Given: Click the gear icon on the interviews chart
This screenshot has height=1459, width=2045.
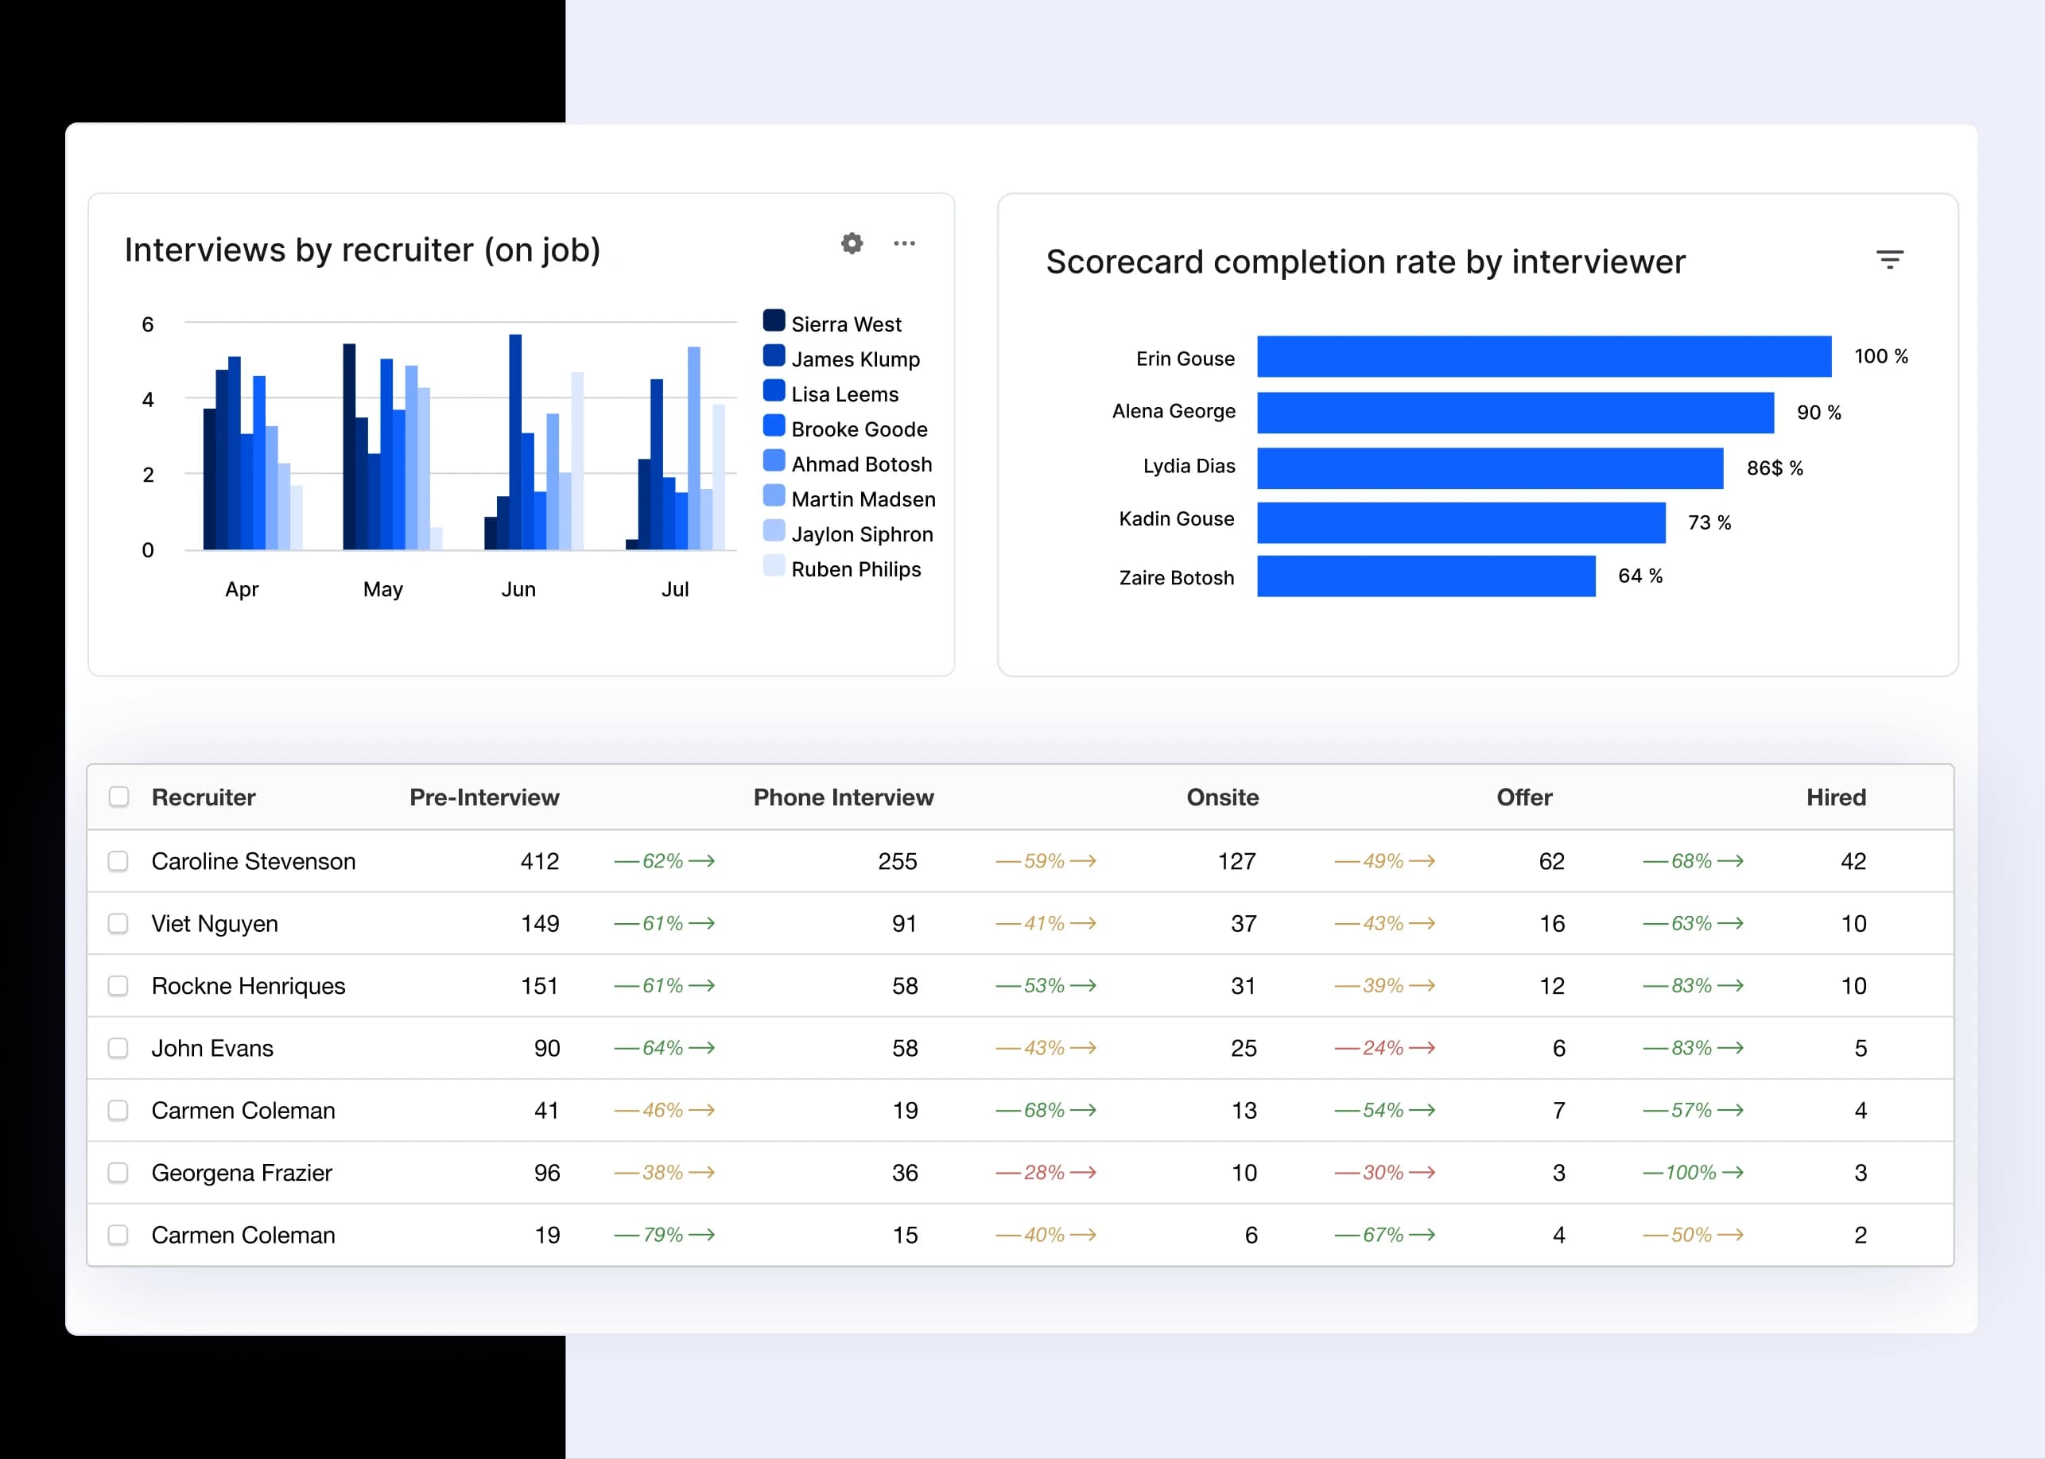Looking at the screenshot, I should (x=852, y=243).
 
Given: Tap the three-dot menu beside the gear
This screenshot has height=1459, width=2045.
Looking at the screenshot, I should (x=904, y=243).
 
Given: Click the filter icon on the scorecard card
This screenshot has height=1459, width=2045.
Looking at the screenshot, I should (x=1890, y=260).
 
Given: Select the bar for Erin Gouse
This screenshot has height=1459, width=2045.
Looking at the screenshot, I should (x=1542, y=357).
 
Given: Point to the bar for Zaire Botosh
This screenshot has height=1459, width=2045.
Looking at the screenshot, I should (x=1425, y=576).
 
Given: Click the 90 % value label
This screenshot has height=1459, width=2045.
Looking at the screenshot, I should (x=1818, y=413).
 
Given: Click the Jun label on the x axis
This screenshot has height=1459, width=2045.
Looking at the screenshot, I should (x=518, y=589).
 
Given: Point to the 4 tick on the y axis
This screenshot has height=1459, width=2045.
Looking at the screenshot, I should (x=148, y=400).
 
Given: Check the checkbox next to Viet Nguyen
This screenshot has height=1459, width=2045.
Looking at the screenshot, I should (x=118, y=924).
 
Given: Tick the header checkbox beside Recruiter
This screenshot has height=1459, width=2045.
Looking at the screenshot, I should (x=118, y=797).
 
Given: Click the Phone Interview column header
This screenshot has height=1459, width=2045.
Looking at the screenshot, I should (x=843, y=797).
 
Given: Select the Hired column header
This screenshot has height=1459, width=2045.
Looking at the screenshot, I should (x=1836, y=797).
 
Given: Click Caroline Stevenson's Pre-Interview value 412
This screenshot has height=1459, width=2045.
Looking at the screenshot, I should (x=539, y=862).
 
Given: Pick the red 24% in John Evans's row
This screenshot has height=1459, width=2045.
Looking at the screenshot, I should (x=1383, y=1049).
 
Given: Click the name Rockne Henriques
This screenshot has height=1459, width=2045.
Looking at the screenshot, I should (x=248, y=987).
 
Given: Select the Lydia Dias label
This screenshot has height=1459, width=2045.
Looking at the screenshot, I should (x=1188, y=466).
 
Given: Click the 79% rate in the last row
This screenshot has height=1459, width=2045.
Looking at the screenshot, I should (x=663, y=1236).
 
